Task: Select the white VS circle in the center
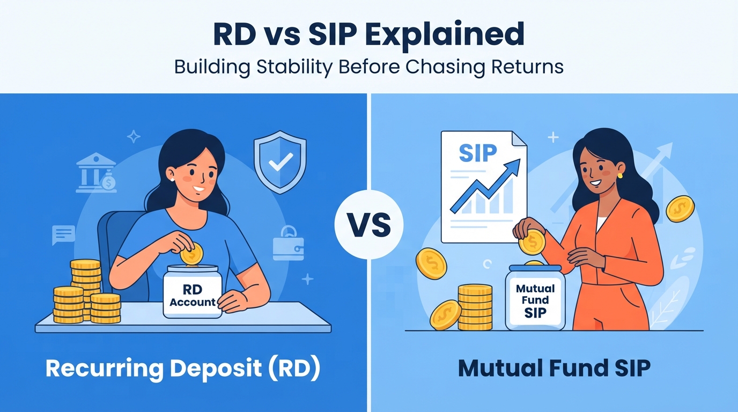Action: (x=369, y=224)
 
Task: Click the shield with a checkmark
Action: (x=280, y=162)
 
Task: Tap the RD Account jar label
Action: (x=193, y=296)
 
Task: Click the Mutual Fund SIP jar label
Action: (x=535, y=301)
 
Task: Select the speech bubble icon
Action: (x=63, y=235)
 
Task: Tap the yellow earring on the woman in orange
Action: (x=620, y=175)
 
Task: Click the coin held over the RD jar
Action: (x=192, y=254)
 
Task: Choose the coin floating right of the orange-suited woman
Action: (x=680, y=209)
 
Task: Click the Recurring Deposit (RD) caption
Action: (x=183, y=368)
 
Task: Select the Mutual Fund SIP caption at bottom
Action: (x=554, y=368)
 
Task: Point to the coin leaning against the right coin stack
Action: (x=446, y=315)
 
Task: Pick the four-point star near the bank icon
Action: (x=134, y=136)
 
